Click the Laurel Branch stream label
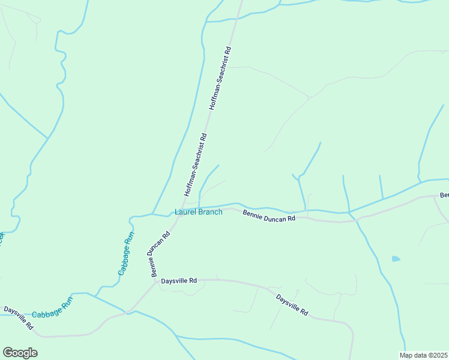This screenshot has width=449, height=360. [198, 212]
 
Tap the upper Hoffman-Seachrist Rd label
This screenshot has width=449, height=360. [220, 79]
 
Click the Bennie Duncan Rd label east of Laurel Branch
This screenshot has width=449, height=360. [269, 216]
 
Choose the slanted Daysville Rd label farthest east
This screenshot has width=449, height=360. [292, 305]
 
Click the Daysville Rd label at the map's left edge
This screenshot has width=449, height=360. [17, 318]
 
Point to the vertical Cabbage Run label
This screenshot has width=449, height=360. [125, 253]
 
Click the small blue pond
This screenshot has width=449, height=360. [396, 259]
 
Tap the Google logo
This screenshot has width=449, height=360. [20, 353]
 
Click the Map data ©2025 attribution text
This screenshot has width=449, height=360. [424, 355]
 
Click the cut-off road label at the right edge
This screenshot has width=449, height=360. [444, 196]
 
